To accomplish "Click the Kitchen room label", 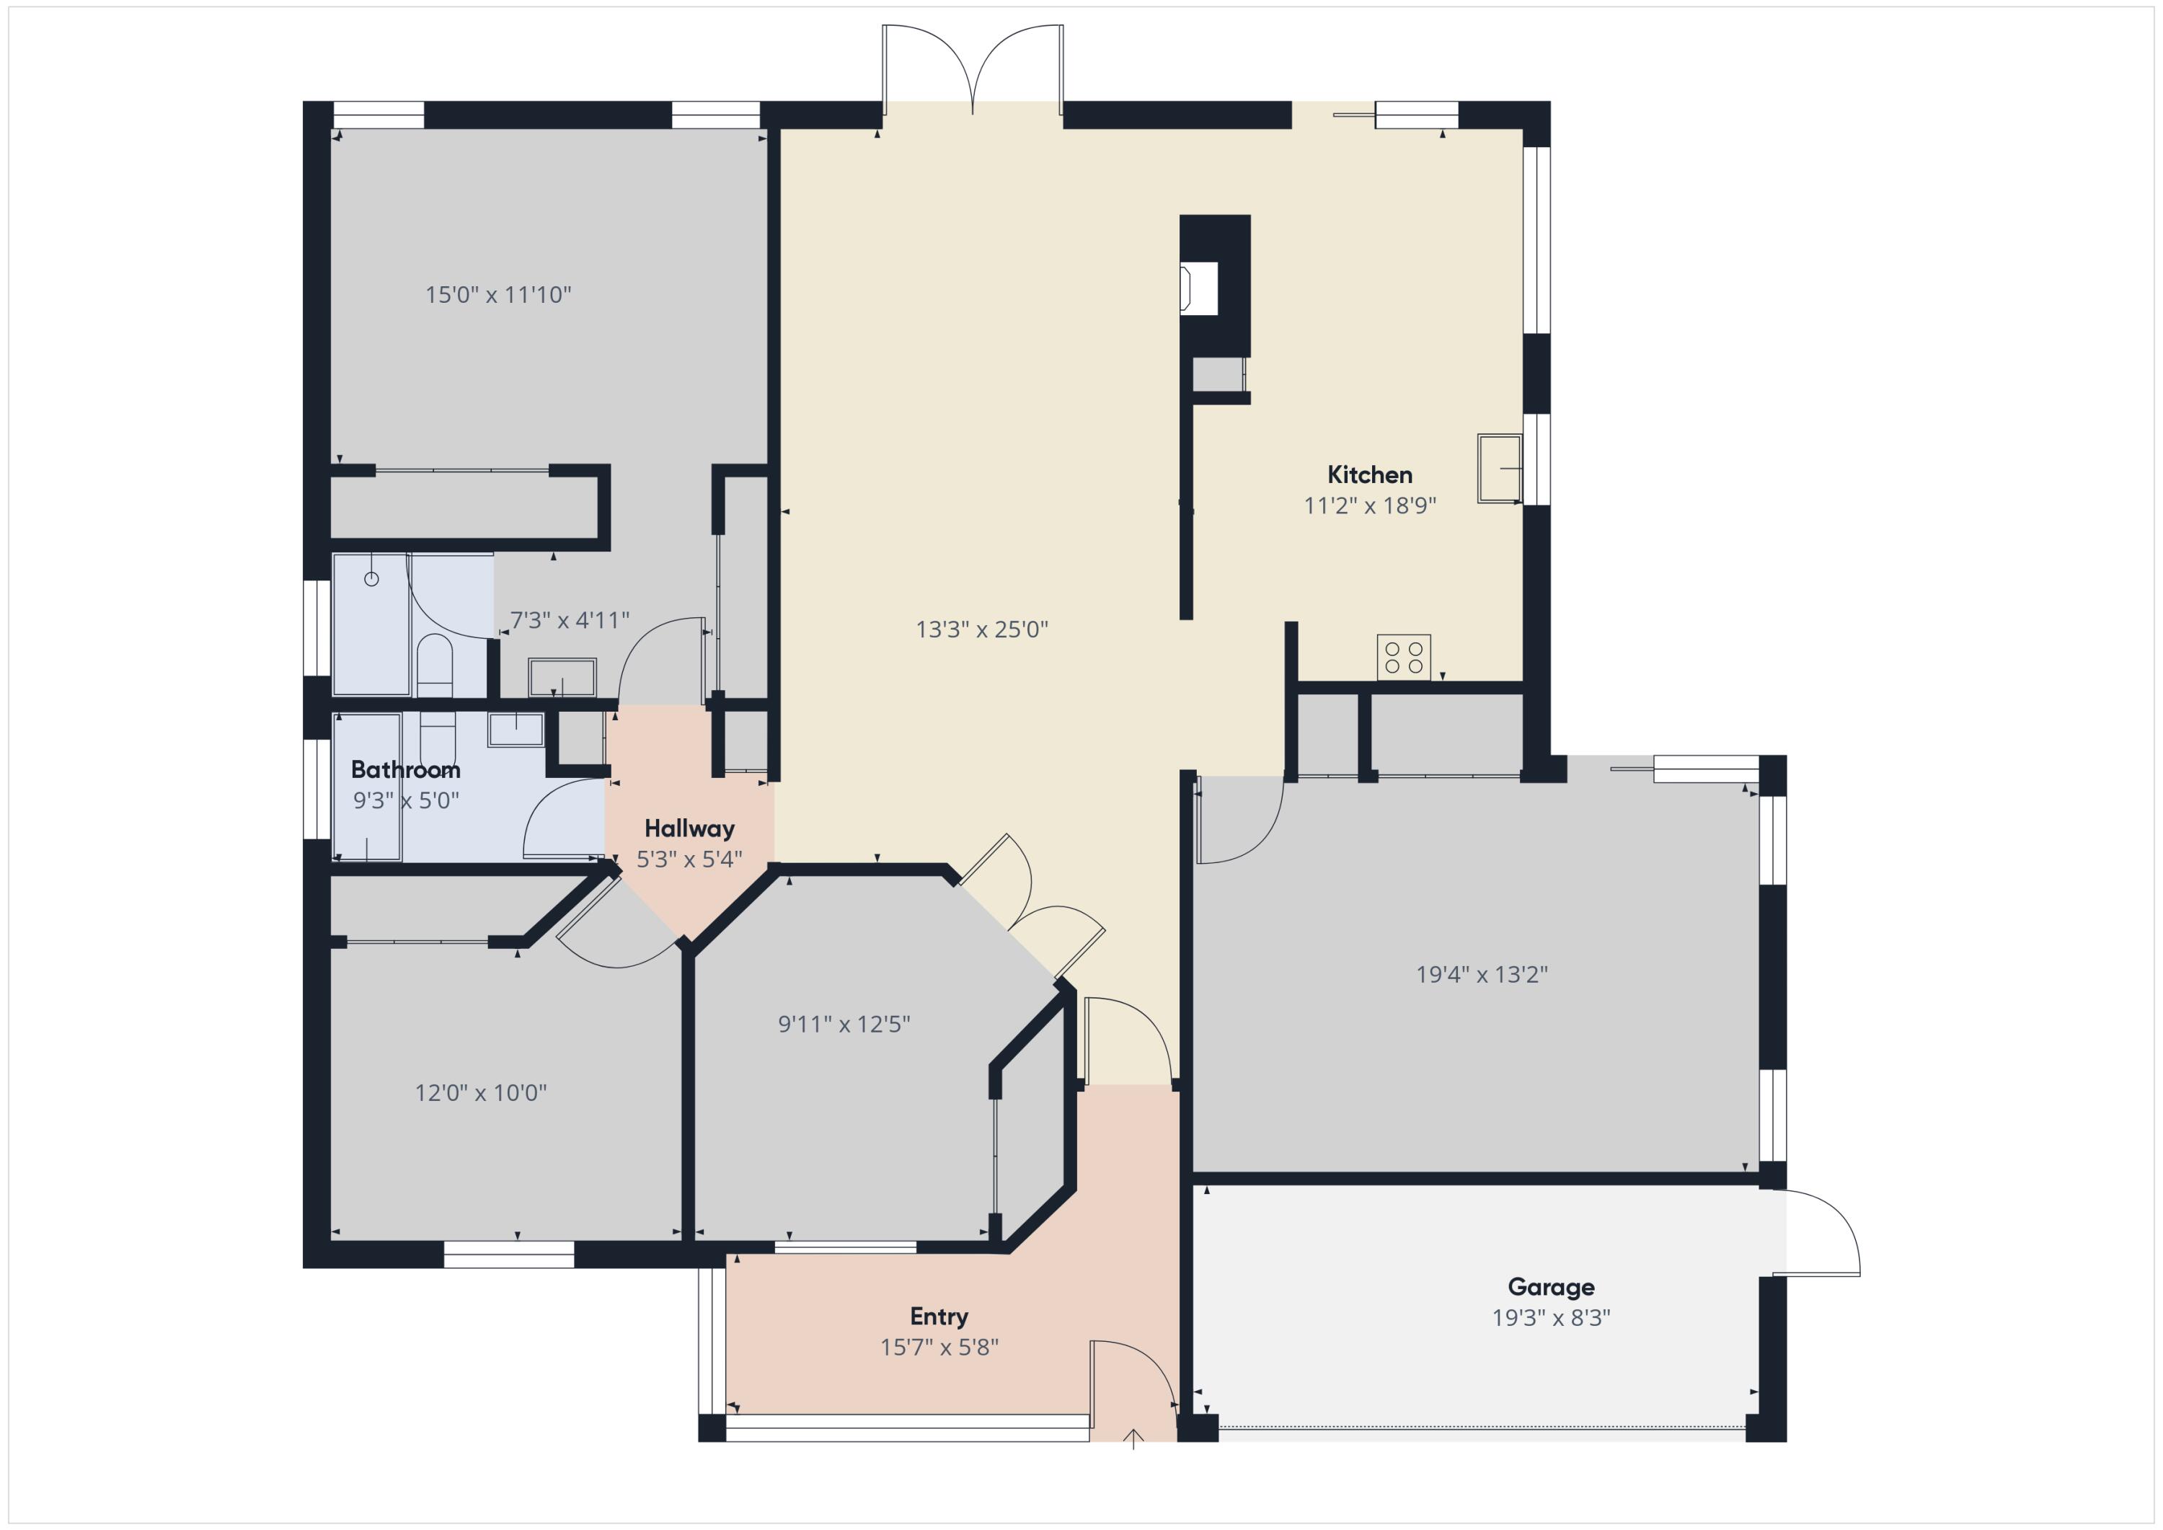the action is coord(1369,475).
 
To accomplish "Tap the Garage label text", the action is coord(1551,1287).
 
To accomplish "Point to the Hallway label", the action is coord(689,829).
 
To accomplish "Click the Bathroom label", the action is coord(405,770).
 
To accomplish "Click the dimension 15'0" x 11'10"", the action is coord(497,295).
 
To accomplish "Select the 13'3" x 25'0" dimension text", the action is coord(981,629).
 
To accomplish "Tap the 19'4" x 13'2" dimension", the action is coord(1482,974).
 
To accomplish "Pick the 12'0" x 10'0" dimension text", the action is coord(480,1093).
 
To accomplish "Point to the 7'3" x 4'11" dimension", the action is coord(569,620).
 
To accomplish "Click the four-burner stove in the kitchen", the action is coord(1404,657).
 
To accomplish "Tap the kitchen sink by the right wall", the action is coord(1499,468).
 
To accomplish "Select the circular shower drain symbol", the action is coord(371,580).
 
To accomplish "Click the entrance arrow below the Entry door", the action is coord(1133,1438).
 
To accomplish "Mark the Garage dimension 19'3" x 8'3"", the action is coord(1551,1318).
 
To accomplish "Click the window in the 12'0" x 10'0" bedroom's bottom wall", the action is coord(509,1254).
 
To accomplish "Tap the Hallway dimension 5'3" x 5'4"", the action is coord(689,859).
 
